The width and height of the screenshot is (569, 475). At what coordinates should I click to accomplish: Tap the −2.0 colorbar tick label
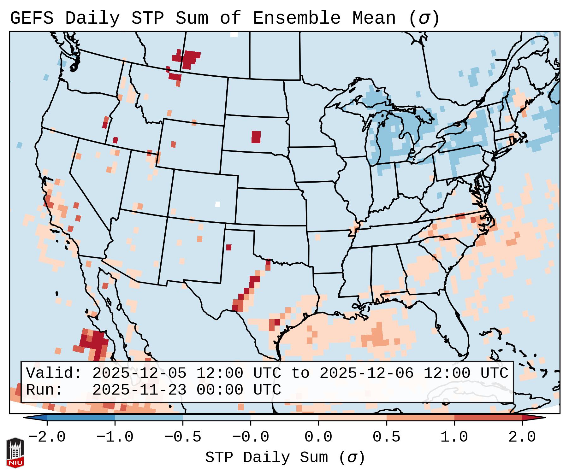click(47, 437)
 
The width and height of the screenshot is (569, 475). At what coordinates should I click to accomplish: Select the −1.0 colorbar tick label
click(115, 437)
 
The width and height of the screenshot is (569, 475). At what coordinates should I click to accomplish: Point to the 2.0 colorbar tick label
click(522, 437)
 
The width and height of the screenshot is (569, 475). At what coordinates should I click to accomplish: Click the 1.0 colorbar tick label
click(454, 437)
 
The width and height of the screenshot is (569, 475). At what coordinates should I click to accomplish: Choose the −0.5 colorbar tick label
click(183, 437)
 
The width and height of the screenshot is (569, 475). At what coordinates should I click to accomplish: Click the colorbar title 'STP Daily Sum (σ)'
click(285, 458)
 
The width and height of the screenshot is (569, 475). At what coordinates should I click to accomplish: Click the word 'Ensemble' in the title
click(297, 18)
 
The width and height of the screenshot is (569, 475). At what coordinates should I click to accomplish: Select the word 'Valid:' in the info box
click(54, 373)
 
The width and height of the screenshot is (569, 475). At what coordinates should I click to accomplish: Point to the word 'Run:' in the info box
click(44, 390)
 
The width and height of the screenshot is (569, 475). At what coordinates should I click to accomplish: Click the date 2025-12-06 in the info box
click(366, 373)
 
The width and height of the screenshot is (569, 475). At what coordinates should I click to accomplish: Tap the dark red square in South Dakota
click(256, 137)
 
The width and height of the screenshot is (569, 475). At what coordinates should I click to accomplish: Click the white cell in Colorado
click(217, 204)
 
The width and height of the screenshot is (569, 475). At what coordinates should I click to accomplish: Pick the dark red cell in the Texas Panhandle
click(228, 247)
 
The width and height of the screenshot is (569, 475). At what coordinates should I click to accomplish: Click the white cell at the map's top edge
click(234, 34)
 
